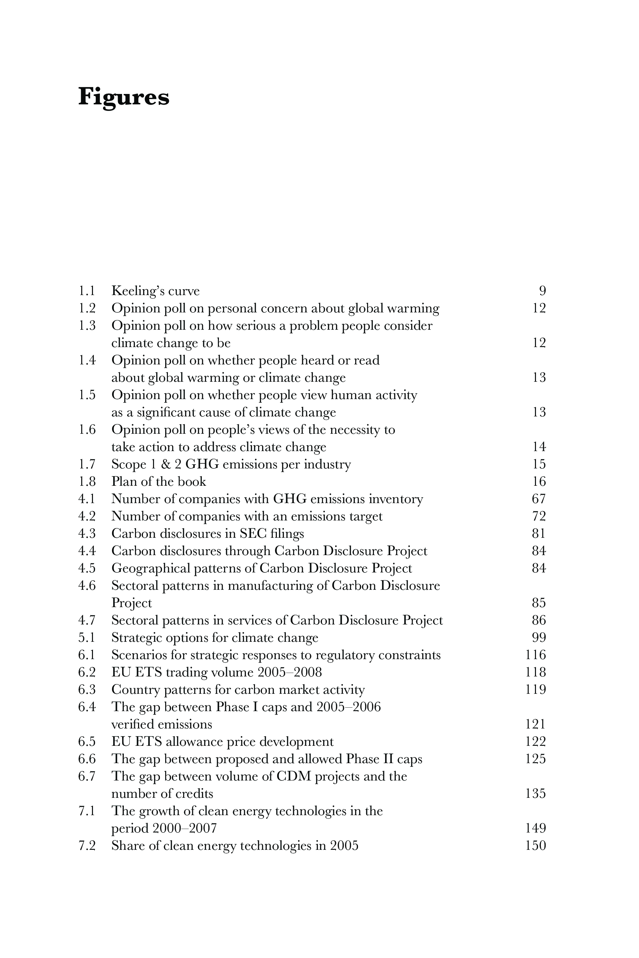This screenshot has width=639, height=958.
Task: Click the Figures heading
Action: pyautogui.click(x=123, y=97)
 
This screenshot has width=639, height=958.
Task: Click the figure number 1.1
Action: pyautogui.click(x=86, y=291)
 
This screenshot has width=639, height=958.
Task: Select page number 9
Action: pyautogui.click(x=542, y=291)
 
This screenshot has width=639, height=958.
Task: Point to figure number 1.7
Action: pyautogui.click(x=87, y=464)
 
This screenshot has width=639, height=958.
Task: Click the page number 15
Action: pyautogui.click(x=539, y=464)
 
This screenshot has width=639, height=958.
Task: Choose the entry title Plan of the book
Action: pyautogui.click(x=159, y=482)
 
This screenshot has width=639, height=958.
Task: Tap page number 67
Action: pyautogui.click(x=539, y=499)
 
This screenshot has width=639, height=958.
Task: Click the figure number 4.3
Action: pyautogui.click(x=87, y=534)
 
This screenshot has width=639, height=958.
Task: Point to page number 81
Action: pyautogui.click(x=539, y=534)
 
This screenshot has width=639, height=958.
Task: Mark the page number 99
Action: pyautogui.click(x=539, y=637)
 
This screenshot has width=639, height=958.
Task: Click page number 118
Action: pyautogui.click(x=536, y=672)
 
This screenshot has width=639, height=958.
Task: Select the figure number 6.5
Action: pyautogui.click(x=87, y=742)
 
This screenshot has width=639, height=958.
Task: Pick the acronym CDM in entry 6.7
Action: pyautogui.click(x=293, y=776)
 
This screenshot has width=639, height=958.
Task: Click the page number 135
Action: pyautogui.click(x=536, y=793)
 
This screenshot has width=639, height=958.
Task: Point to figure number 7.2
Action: pyautogui.click(x=87, y=846)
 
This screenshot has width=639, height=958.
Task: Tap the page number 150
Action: pyautogui.click(x=536, y=846)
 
